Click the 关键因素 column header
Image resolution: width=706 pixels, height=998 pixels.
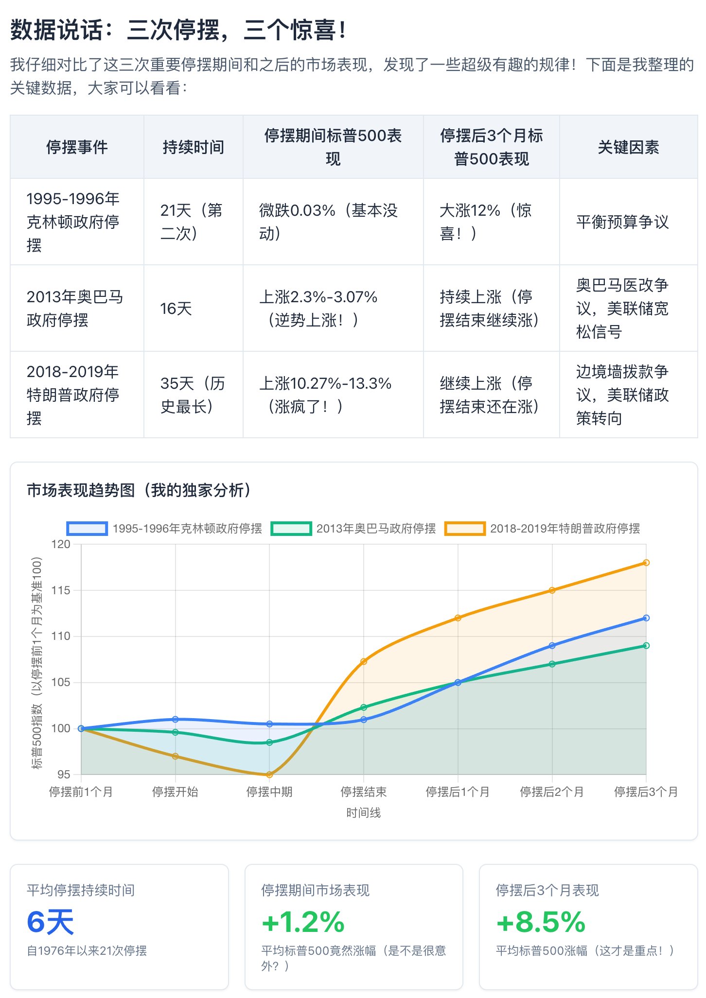point(628,147)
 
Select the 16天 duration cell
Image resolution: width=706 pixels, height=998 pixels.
point(176,308)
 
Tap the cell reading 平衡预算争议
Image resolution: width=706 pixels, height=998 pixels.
point(622,222)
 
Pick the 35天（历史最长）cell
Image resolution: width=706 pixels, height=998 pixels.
point(193,395)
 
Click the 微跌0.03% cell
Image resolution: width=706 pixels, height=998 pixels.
point(328,222)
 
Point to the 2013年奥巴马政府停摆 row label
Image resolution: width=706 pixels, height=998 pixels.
point(75,308)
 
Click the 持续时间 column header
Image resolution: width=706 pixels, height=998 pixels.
point(193,147)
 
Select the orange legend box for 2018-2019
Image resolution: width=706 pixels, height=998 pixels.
point(465,529)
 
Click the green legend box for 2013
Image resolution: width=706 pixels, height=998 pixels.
point(291,529)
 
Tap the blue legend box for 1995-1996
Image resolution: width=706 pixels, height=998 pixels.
point(87,529)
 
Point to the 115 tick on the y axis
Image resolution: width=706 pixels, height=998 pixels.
point(61,590)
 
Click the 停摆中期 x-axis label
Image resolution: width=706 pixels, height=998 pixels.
point(269,792)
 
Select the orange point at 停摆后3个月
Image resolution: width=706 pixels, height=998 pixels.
point(646,563)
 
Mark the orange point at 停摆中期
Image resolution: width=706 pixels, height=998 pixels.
point(269,774)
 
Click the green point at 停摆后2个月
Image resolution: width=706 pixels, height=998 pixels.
point(552,664)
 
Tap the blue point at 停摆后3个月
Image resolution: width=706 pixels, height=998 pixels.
point(646,618)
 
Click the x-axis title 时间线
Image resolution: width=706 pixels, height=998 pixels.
point(363,812)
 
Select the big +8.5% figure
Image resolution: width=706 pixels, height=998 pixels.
point(541,922)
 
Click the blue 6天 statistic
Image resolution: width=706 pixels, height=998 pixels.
point(51,922)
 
